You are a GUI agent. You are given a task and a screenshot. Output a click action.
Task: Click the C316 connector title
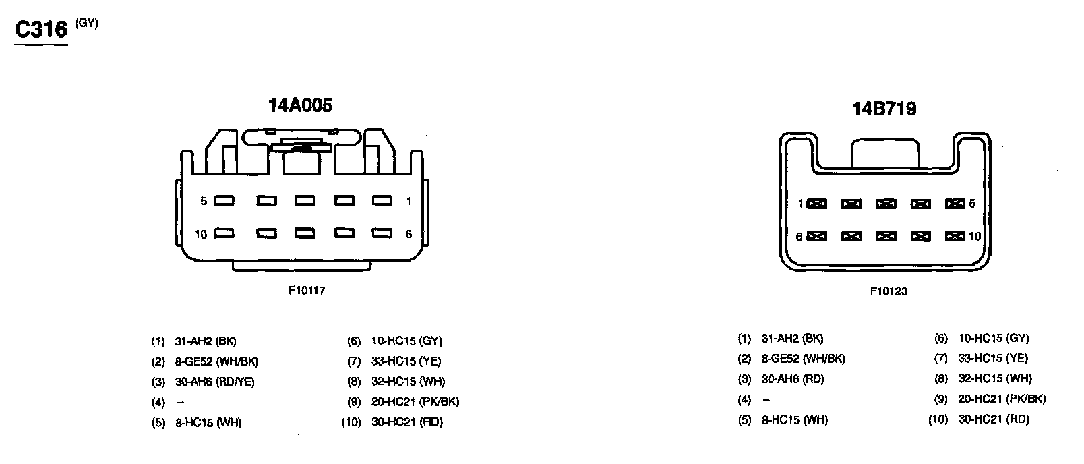click(42, 30)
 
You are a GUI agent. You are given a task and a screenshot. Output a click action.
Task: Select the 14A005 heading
click(300, 105)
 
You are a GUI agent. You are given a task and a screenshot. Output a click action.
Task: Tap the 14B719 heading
click(884, 109)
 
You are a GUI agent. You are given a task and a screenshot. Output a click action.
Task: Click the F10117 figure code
click(307, 290)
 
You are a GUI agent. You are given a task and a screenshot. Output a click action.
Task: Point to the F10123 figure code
click(888, 291)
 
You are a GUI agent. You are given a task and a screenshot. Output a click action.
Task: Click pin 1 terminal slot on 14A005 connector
click(382, 200)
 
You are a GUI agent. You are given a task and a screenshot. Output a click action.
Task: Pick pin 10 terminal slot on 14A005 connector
click(224, 233)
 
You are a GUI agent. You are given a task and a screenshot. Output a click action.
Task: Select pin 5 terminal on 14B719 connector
click(955, 204)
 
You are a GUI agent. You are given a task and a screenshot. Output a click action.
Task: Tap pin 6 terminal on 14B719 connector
click(817, 236)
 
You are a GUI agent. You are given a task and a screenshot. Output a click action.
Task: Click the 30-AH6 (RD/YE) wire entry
click(214, 382)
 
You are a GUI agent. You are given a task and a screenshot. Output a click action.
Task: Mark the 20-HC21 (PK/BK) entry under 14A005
click(415, 402)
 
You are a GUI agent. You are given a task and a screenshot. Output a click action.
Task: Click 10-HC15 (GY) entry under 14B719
click(993, 339)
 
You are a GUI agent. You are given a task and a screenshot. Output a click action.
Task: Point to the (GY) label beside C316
click(87, 23)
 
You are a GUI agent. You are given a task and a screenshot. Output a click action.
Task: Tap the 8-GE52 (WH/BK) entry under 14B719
click(802, 359)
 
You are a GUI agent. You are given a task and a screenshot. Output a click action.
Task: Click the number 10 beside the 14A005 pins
click(201, 234)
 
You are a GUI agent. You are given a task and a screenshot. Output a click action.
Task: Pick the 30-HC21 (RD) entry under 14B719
click(993, 419)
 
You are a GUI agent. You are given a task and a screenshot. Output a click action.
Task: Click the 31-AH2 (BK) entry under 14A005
click(206, 341)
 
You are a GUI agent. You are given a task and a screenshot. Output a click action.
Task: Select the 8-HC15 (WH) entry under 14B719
click(794, 419)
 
